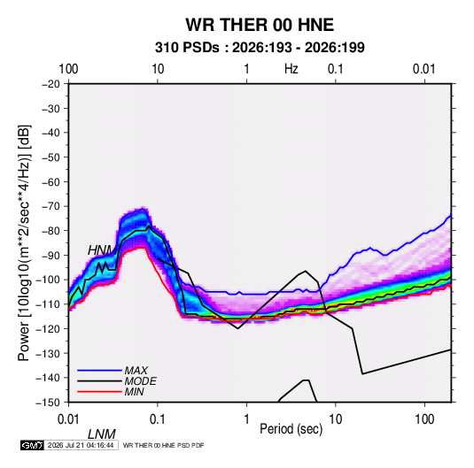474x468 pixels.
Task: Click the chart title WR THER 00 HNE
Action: (260, 25)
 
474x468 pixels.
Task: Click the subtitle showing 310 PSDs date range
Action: (260, 48)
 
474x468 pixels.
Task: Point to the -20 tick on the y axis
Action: (51, 84)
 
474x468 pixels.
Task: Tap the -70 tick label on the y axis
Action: (51, 206)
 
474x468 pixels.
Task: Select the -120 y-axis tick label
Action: (49, 328)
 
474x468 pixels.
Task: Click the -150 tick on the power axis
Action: (49, 403)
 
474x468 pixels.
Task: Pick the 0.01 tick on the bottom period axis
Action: (68, 419)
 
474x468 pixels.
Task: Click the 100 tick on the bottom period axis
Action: (424, 419)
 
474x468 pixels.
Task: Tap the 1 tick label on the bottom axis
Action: (246, 419)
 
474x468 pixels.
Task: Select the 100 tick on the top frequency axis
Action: (68, 69)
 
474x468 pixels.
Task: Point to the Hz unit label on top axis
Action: (291, 69)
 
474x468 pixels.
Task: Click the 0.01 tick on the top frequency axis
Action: (424, 69)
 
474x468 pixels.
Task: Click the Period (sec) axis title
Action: (291, 429)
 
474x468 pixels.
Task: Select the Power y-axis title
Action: (24, 243)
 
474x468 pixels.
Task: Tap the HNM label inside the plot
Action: (102, 250)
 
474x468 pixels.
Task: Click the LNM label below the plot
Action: (102, 434)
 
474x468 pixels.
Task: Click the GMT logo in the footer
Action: (32, 445)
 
